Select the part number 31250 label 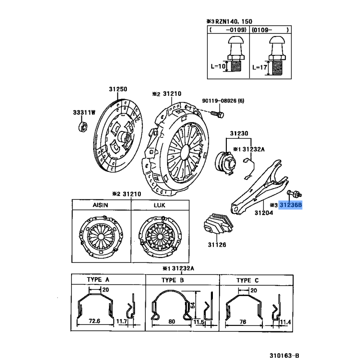click(117, 89)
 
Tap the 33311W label click(84, 112)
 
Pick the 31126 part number click(216, 245)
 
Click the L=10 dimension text click(217, 67)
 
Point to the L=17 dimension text click(260, 67)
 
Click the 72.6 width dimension click(94, 320)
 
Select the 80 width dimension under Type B click(172, 321)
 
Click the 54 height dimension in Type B click(193, 306)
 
